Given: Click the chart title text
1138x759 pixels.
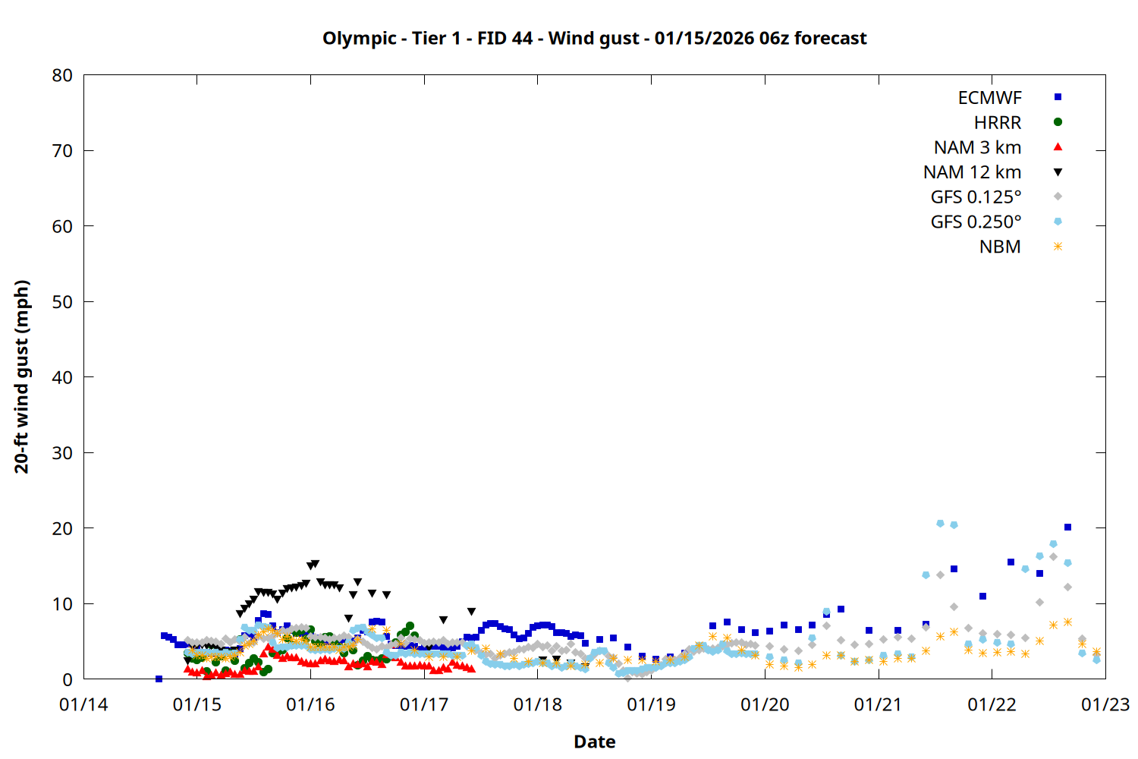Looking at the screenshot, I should (x=594, y=38).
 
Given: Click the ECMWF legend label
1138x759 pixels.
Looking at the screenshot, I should (x=989, y=98).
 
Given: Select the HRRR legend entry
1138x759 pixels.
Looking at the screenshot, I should (x=998, y=123).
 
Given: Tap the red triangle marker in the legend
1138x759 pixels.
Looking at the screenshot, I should (x=1058, y=147).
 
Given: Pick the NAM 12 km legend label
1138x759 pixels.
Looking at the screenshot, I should (x=972, y=172).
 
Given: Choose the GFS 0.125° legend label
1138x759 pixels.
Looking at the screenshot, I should (x=976, y=197).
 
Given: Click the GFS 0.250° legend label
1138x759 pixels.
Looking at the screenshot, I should (x=976, y=222).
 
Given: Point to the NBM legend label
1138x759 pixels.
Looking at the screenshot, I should (x=1000, y=247).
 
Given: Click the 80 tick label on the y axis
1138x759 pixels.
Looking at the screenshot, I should (x=62, y=76).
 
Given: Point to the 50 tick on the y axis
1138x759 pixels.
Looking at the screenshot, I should (x=62, y=302).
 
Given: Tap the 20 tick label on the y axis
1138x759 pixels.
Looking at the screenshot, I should (x=62, y=528).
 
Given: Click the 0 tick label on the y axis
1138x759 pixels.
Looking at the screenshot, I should (x=68, y=679).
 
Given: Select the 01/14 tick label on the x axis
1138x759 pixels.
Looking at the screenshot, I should (x=83, y=705).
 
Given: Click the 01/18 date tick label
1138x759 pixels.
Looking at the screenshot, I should (x=538, y=705).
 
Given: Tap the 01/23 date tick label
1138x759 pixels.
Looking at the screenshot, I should (x=1105, y=705).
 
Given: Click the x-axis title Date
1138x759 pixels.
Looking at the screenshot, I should (x=594, y=742).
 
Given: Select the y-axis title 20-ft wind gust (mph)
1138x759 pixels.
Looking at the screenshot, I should (x=22, y=376).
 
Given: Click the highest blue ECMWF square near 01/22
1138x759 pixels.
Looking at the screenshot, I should (x=1067, y=527).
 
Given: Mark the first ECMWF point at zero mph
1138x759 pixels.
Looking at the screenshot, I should (x=159, y=679).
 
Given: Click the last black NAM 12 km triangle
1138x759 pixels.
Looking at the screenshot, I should (x=556, y=660).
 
